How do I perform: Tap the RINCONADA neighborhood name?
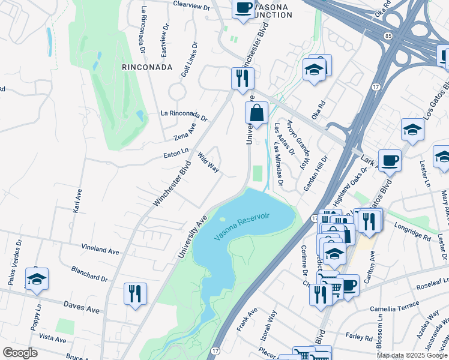click(147, 67)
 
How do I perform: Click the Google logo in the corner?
click(20, 353)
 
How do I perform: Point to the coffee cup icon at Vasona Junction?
click(243, 8)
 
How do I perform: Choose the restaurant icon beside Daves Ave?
click(135, 293)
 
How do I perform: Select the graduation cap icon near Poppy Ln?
click(37, 280)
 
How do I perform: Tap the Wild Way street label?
click(208, 161)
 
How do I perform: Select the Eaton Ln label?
click(176, 154)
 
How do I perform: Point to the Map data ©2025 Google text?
click(412, 355)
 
